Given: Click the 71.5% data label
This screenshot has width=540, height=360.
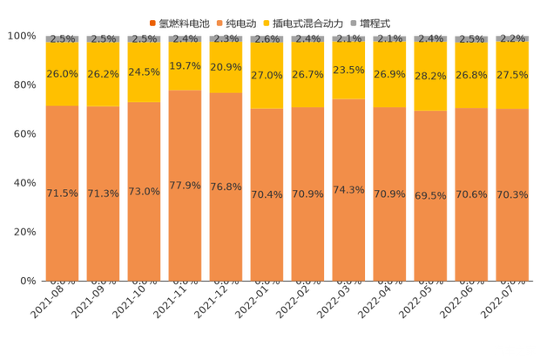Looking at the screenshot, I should click(63, 193).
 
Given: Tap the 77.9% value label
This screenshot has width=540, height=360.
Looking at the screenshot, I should click(186, 185).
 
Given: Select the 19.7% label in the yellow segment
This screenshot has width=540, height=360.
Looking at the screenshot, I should click(186, 65).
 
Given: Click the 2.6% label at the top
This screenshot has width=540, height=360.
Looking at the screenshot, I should click(267, 39).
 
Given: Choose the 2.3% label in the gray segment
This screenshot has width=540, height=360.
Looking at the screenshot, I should click(226, 39).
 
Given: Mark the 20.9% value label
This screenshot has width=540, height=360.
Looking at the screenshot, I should click(226, 67).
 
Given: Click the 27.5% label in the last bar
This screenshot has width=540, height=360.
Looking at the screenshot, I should click(512, 76).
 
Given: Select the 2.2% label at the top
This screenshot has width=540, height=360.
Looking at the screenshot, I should click(512, 39).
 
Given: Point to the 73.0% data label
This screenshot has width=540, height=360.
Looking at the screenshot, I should click(145, 191).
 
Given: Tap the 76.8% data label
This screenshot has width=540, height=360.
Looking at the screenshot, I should click(226, 187).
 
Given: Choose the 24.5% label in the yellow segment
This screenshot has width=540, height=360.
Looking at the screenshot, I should click(145, 72).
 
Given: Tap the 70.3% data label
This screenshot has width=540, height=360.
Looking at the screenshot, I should click(512, 194).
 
